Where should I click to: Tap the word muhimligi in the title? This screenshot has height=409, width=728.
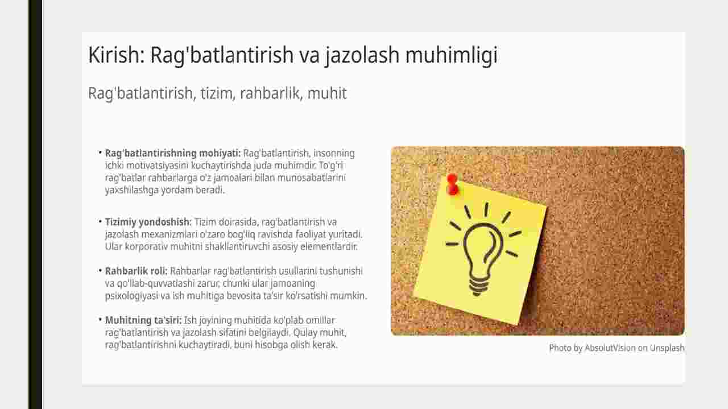(x=452, y=56)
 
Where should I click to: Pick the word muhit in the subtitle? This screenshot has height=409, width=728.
(x=327, y=93)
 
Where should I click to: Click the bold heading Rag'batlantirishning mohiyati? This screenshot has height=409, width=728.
(x=172, y=153)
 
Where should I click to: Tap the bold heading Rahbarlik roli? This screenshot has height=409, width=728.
(x=136, y=271)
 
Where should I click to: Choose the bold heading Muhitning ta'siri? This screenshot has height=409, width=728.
(x=143, y=320)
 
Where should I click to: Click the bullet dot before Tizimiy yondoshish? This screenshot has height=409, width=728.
(x=100, y=221)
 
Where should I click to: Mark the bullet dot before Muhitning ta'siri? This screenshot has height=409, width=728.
(x=100, y=320)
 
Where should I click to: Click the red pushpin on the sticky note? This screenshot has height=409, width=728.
(x=453, y=184)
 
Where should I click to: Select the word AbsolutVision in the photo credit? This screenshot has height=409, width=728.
(x=610, y=348)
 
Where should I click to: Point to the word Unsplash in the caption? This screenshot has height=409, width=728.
(x=667, y=348)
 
